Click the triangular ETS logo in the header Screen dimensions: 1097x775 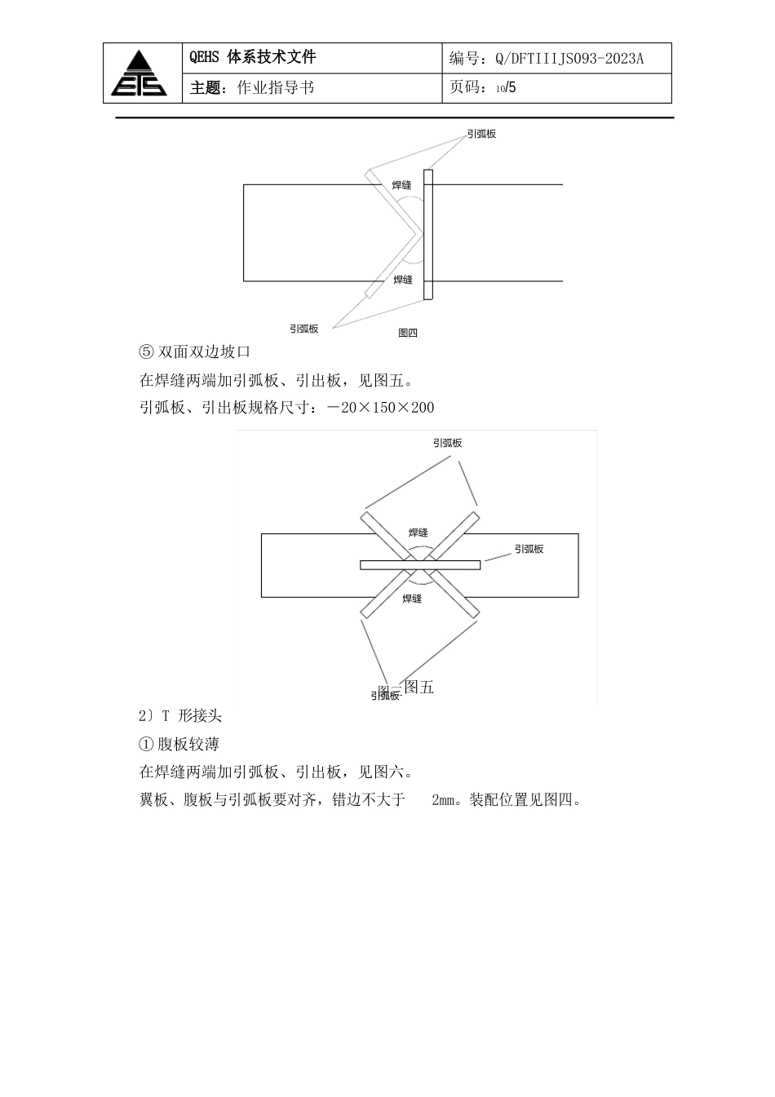pyautogui.click(x=139, y=73)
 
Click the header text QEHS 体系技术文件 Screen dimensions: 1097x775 pyautogui.click(x=252, y=57)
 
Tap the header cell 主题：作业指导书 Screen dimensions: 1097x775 pyautogui.click(x=252, y=88)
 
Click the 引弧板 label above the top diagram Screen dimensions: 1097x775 pyautogui.click(x=481, y=134)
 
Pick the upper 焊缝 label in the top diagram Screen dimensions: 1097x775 pyautogui.click(x=402, y=186)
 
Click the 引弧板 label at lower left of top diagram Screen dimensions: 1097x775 pyautogui.click(x=303, y=329)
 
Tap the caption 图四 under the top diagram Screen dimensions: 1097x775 pyautogui.click(x=408, y=333)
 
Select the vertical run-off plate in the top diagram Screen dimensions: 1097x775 pyautogui.click(x=428, y=235)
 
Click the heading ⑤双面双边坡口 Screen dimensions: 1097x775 pyautogui.click(x=195, y=352)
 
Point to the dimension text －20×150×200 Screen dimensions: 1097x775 pyautogui.click(x=380, y=408)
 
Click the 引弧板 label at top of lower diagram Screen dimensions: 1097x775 pyautogui.click(x=447, y=443)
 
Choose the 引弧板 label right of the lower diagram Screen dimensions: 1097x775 pyautogui.click(x=529, y=550)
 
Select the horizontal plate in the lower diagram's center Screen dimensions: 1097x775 pyautogui.click(x=420, y=564)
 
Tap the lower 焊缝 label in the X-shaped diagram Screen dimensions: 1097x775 pyautogui.click(x=412, y=599)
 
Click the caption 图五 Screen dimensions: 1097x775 pyautogui.click(x=419, y=688)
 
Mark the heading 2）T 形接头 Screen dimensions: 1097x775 pyautogui.click(x=180, y=716)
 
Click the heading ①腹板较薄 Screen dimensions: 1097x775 pyautogui.click(x=179, y=744)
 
